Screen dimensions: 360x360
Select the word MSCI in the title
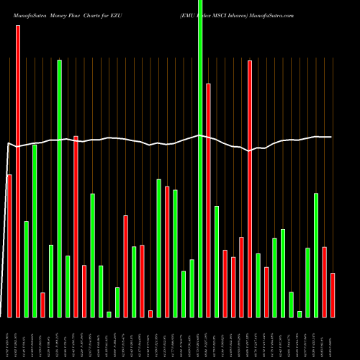[x=235, y=6]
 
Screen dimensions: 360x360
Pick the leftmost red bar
[x=9, y=245]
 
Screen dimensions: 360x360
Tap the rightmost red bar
[x=333, y=294]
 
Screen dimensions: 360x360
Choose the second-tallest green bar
[x=59, y=188]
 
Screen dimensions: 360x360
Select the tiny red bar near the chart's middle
[x=150, y=313]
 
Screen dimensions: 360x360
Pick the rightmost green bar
[x=316, y=255]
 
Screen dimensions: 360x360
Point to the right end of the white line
[x=331, y=137]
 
